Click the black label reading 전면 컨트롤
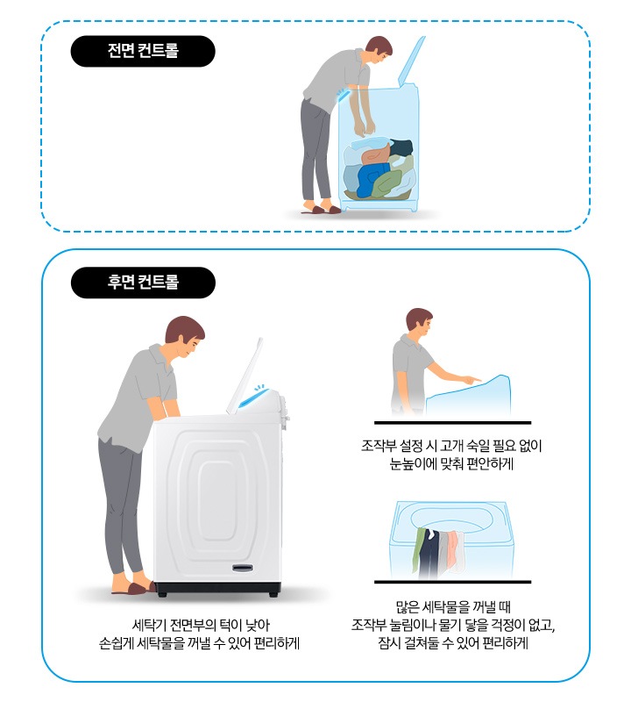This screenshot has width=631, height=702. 142,51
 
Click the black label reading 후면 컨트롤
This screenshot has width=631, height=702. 142,283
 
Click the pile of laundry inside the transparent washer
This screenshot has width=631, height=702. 379,168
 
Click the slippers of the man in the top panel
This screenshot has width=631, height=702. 321,209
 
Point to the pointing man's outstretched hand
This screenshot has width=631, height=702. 471,380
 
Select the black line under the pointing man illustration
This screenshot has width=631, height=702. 452,422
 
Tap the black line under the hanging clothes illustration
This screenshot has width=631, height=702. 452,582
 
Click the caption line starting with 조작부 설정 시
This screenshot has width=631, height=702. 452,445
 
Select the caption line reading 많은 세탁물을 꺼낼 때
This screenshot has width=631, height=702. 452,605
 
